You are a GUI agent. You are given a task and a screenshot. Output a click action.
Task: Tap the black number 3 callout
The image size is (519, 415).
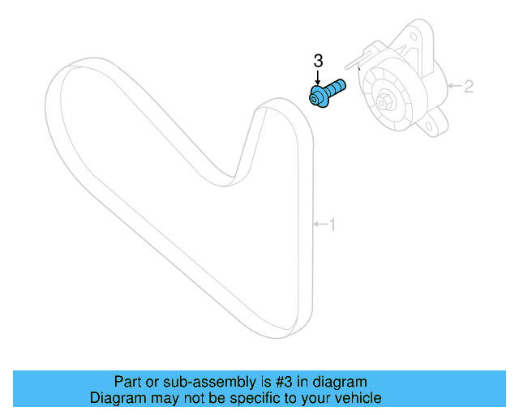coord(318,60)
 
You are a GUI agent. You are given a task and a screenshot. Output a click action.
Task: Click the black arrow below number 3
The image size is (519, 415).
coord(318,76)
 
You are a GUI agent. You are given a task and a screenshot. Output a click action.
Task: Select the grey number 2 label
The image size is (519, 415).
coord(468,85)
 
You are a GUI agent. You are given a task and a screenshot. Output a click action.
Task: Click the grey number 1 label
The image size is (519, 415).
coord(331,225)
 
